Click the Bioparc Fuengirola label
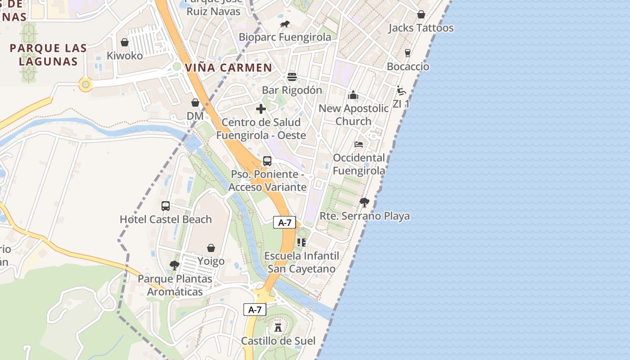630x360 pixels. (x=285, y=37)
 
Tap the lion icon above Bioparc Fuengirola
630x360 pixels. (x=284, y=24)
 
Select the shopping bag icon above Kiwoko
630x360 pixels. (x=125, y=42)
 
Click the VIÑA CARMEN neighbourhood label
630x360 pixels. (x=229, y=68)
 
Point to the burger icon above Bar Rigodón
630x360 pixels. (x=292, y=76)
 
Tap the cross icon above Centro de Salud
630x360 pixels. (x=261, y=109)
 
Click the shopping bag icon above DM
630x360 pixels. (x=195, y=103)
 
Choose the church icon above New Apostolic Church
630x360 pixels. (x=353, y=95)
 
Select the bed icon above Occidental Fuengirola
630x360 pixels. (x=359, y=144)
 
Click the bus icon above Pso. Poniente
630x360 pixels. (x=267, y=161)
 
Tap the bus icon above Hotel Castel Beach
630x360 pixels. (x=166, y=206)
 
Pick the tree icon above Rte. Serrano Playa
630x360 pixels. (x=364, y=202)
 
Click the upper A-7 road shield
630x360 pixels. (x=284, y=222)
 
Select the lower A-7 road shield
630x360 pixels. (x=255, y=310)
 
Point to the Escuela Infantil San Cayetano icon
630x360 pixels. (x=301, y=243)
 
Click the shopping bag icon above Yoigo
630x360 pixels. (x=211, y=248)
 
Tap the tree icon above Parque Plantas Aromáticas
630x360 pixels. (x=175, y=265)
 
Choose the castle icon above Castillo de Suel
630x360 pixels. (x=278, y=327)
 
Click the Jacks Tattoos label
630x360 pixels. (x=421, y=28)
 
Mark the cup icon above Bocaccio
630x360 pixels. (x=408, y=53)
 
